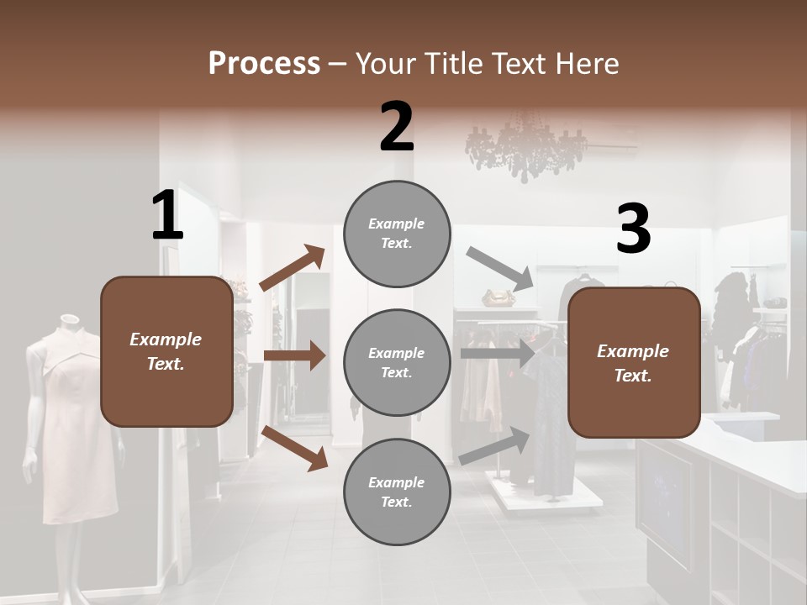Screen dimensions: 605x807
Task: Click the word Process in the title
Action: (264, 63)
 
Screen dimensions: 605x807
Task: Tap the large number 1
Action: (167, 215)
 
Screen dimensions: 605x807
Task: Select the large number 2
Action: (397, 127)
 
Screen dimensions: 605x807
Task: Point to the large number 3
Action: (633, 230)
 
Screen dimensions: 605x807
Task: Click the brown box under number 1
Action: (166, 351)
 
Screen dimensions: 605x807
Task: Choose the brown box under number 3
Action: (634, 362)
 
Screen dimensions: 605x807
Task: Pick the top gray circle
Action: (397, 234)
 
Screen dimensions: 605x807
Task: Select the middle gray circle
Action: (397, 362)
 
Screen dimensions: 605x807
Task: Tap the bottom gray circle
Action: (397, 492)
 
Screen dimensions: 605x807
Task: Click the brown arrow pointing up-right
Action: (293, 268)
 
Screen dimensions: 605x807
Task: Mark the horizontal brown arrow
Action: (294, 356)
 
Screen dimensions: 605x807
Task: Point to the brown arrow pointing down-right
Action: (294, 447)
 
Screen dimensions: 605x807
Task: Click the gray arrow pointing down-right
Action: (499, 267)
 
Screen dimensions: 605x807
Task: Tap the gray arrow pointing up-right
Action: (495, 446)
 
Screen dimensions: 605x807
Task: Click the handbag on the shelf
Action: (498, 298)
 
